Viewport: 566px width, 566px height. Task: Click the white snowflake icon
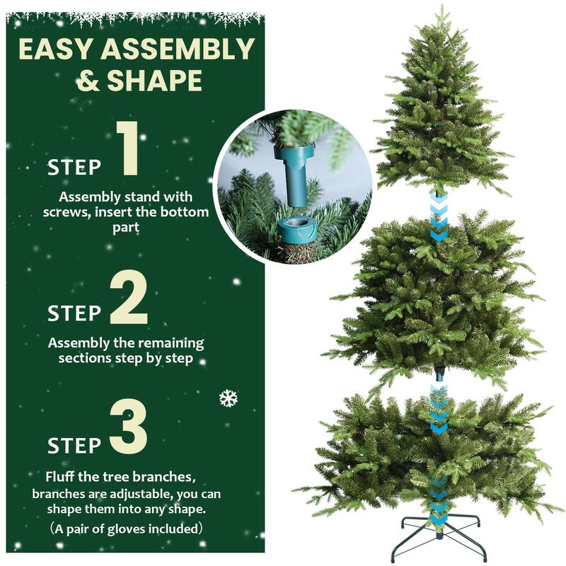coord(228,398)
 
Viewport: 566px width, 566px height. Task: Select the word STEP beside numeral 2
coord(74,312)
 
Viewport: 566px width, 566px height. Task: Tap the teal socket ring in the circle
coord(295,229)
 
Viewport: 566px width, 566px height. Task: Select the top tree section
coord(439,113)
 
